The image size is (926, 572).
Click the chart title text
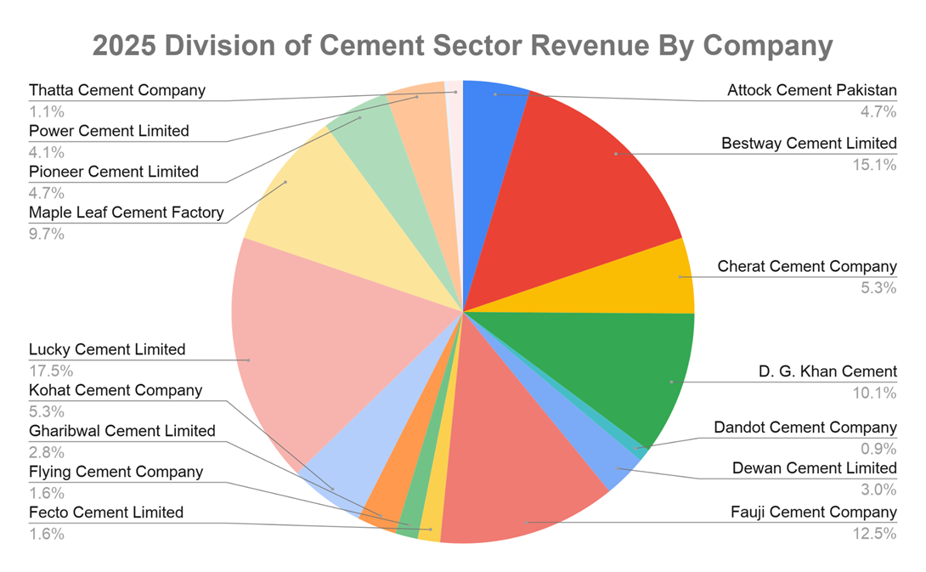[x=462, y=45]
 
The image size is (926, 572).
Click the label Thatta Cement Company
[x=117, y=90]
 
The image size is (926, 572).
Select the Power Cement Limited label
[x=109, y=131]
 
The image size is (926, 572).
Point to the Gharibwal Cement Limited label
[x=122, y=431]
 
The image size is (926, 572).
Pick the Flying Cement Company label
[x=116, y=472]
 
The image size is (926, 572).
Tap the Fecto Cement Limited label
[x=106, y=513]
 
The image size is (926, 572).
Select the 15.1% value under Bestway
[x=875, y=165]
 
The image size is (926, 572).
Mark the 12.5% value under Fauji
[x=875, y=534]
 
